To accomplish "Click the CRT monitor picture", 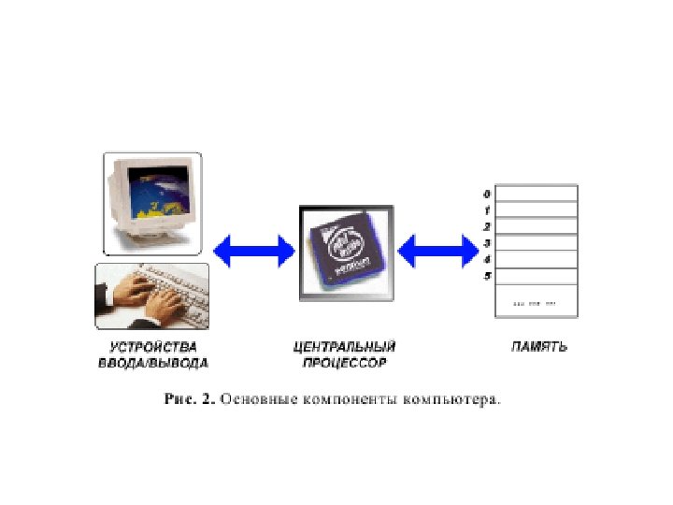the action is (x=152, y=202).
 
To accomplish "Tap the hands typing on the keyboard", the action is (x=152, y=295).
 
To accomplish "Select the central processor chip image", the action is (x=346, y=251).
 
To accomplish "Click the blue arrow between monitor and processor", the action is (x=253, y=251).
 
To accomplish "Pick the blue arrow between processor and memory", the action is (x=437, y=251).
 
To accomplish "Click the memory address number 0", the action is (x=487, y=195).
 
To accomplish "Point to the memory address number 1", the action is (x=487, y=210).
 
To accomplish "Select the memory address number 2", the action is (x=487, y=226).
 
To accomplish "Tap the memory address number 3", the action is (x=487, y=243).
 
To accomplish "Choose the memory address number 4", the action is (x=487, y=259).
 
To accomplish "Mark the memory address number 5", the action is (x=487, y=275).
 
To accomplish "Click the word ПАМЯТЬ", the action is (x=539, y=346).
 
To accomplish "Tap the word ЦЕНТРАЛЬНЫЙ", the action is (x=345, y=346).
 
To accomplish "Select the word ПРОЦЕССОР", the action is (x=345, y=362).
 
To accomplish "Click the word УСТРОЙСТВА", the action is (x=153, y=346).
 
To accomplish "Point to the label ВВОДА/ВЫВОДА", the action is (x=153, y=362).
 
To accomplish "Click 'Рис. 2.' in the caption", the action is (x=190, y=399).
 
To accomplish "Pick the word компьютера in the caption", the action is (x=451, y=399).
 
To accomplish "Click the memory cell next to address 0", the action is (x=536, y=194).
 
